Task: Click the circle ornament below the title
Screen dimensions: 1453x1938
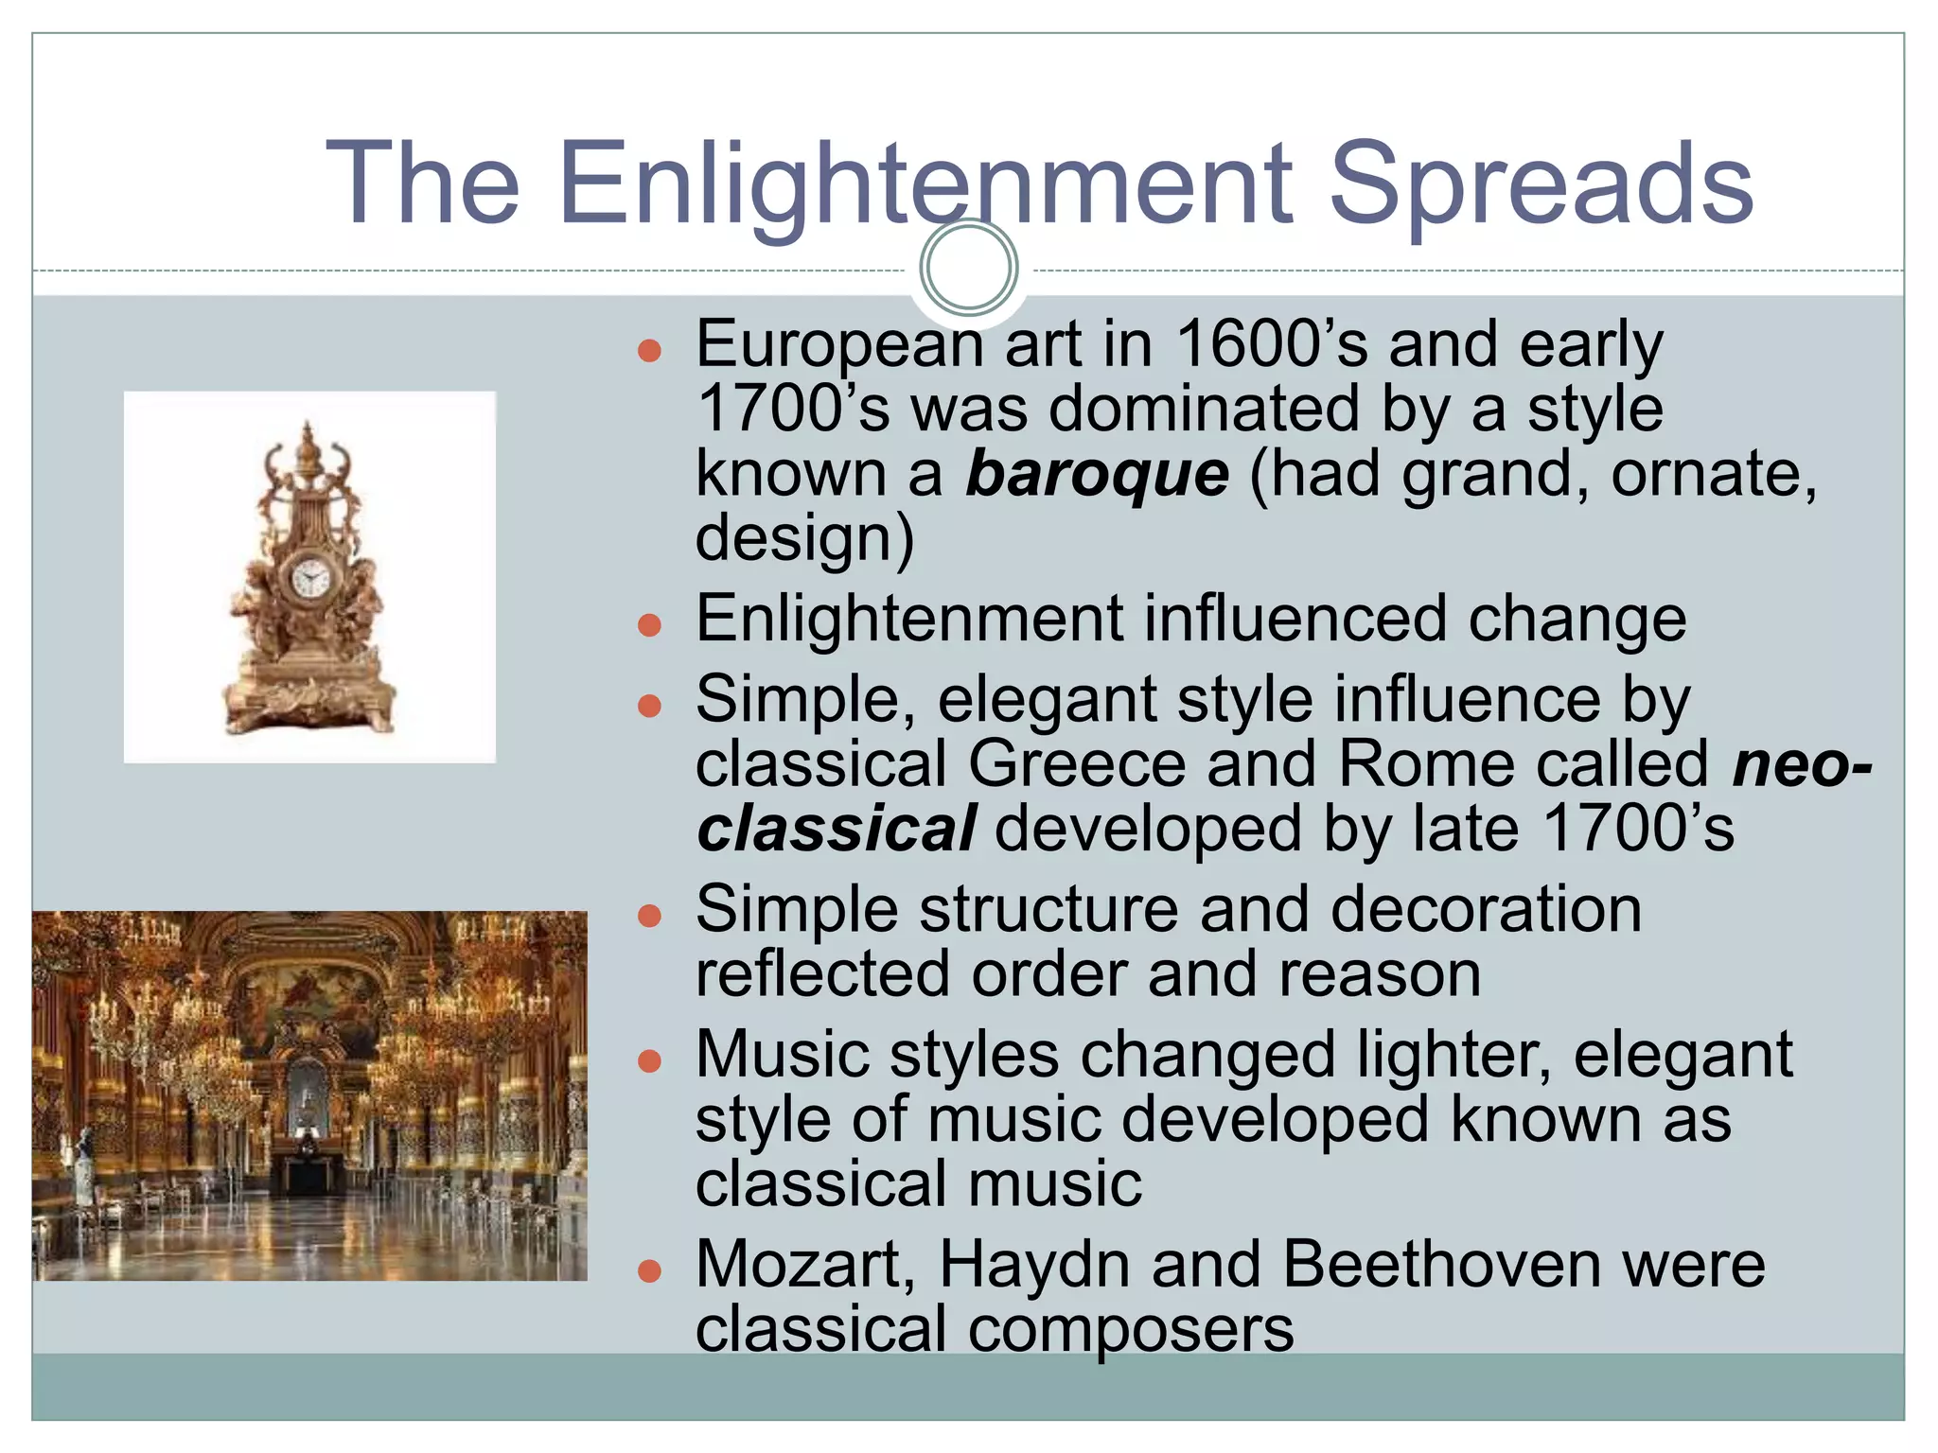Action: click(x=968, y=268)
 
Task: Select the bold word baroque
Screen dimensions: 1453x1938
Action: click(x=1097, y=473)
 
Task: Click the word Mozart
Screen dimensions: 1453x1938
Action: click(x=805, y=1265)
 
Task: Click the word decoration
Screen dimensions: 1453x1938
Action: click(x=1486, y=910)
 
